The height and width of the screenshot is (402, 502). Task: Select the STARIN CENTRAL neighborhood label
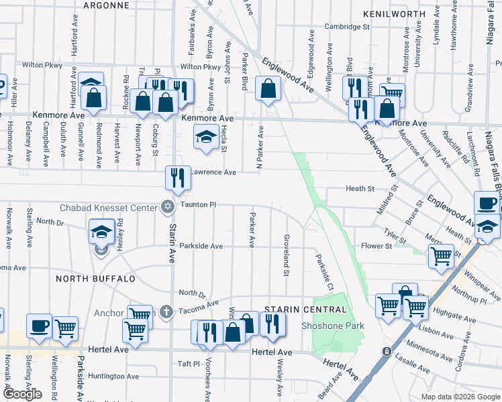tap(306, 309)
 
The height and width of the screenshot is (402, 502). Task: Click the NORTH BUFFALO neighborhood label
tap(96, 278)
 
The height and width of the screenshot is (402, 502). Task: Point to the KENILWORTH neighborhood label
tap(394, 13)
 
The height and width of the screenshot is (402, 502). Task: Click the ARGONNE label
tap(105, 5)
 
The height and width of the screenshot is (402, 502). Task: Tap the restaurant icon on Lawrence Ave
tap(179, 178)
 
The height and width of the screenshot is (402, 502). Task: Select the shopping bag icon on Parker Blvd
tap(268, 88)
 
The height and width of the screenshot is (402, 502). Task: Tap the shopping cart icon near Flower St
tap(441, 256)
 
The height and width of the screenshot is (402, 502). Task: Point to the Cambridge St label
tap(348, 27)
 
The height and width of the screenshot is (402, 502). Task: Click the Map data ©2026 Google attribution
tap(460, 397)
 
